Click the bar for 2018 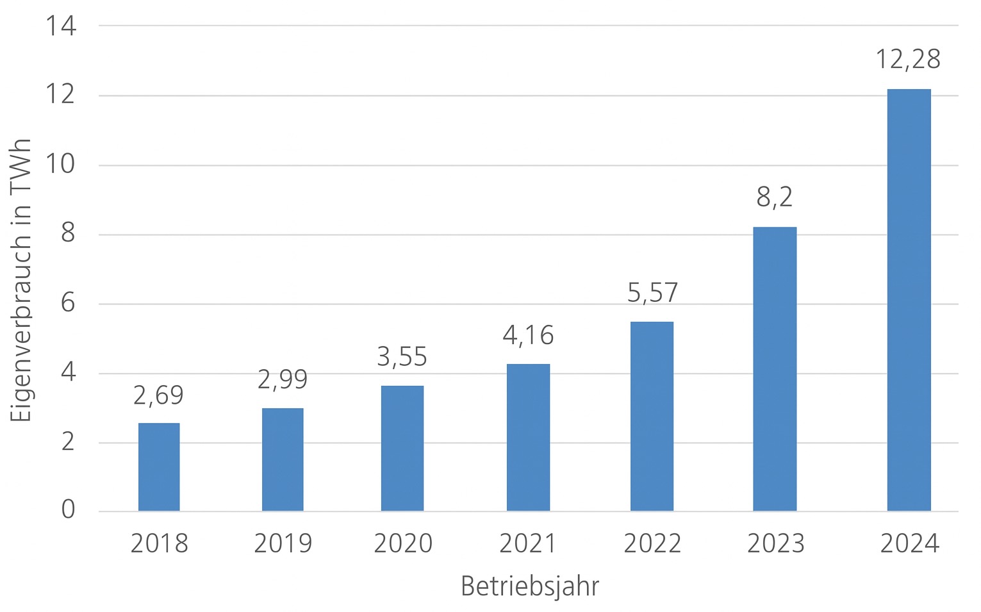[x=159, y=467]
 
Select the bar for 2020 [x=402, y=449]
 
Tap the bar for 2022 [x=652, y=417]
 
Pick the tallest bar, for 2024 [x=909, y=300]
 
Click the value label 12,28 [x=908, y=60]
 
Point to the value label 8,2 [x=775, y=197]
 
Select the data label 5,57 [x=652, y=293]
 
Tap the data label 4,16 [x=528, y=335]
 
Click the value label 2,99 [x=283, y=379]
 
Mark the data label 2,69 [x=158, y=395]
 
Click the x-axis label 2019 [x=283, y=543]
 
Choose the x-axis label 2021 [x=528, y=543]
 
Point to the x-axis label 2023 [x=775, y=543]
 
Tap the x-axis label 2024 [x=909, y=543]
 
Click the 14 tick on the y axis [x=61, y=26]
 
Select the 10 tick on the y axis [x=61, y=165]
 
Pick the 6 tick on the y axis [x=68, y=303]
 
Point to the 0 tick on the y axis [x=68, y=510]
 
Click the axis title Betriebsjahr [x=530, y=586]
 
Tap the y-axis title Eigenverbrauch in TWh [x=22, y=281]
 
